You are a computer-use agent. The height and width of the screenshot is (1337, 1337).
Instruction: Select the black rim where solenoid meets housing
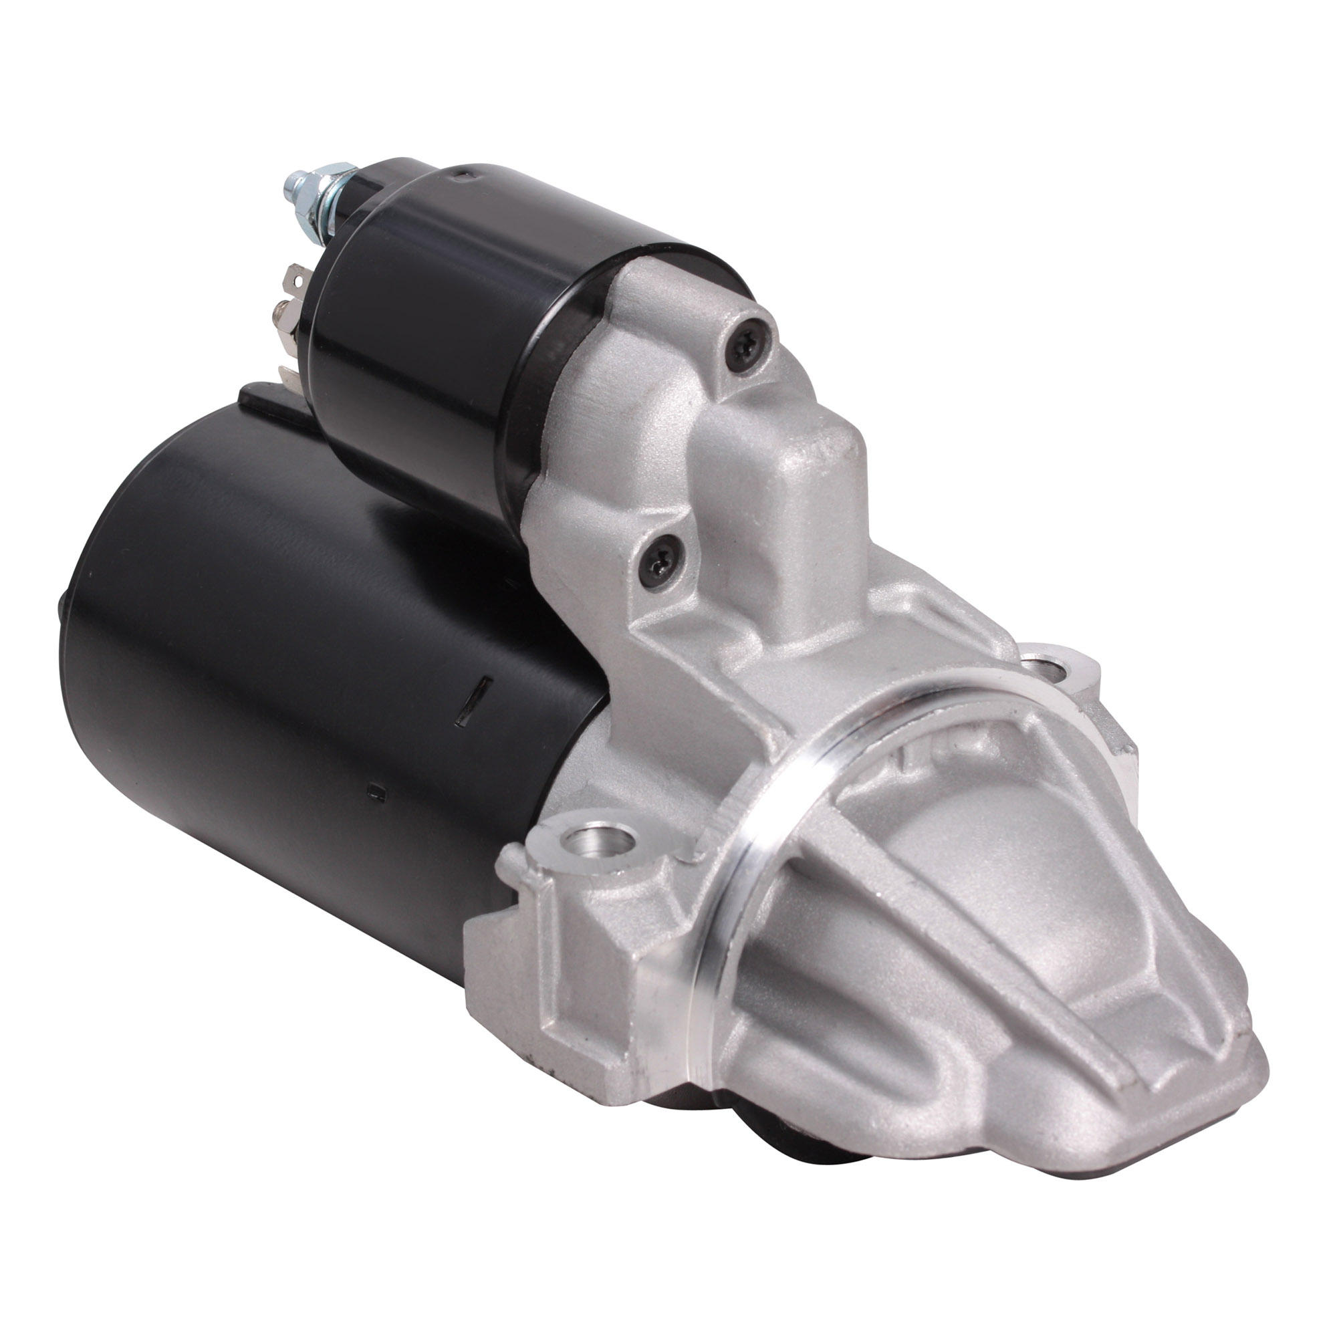click(x=547, y=388)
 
